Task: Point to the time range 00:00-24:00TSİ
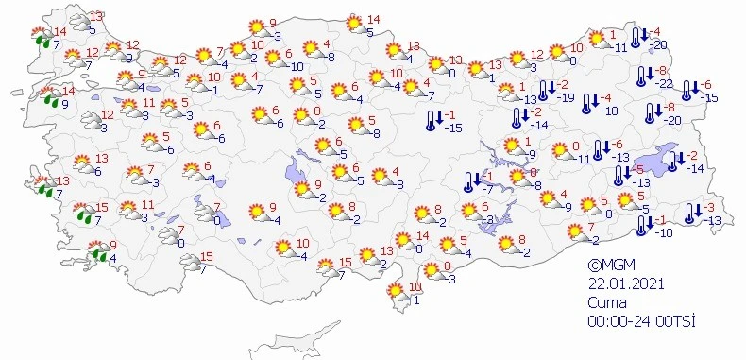tap(642, 321)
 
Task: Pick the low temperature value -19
tap(567, 97)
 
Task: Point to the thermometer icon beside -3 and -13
tap(688, 213)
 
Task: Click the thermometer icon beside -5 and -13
tap(619, 174)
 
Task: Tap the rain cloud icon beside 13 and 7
tap(42, 187)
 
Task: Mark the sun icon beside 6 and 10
tap(279, 59)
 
